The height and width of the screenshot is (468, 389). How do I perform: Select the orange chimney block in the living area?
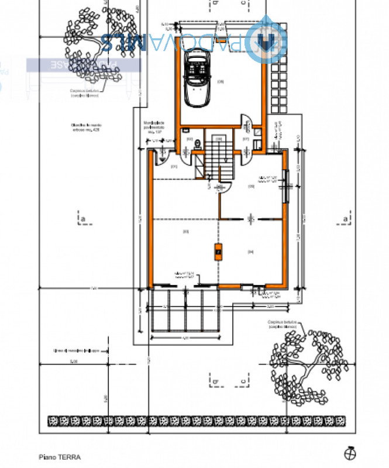(218, 252)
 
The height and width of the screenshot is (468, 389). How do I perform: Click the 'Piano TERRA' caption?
(60, 457)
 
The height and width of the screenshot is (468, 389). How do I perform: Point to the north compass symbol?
(349, 453)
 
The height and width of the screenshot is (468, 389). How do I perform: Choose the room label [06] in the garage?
(221, 81)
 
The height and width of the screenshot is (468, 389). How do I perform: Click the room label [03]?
(185, 232)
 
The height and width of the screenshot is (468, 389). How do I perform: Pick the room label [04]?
(250, 252)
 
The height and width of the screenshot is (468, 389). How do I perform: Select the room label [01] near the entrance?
(174, 166)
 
